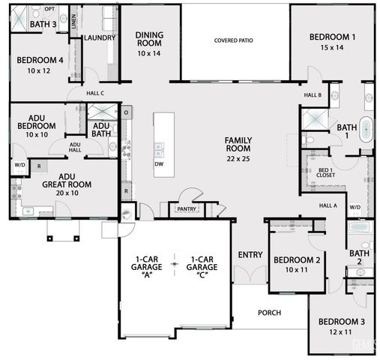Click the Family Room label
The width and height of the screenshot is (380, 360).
coord(238,148)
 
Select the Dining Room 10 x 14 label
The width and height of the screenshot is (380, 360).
coord(149,44)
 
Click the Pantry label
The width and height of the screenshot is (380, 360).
coord(186,209)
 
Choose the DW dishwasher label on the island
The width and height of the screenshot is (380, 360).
coord(159,163)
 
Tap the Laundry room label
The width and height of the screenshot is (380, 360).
coord(100,37)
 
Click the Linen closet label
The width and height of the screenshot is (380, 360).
coord(73,20)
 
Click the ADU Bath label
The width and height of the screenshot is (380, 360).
coord(101,130)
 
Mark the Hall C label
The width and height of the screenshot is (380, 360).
coord(94,93)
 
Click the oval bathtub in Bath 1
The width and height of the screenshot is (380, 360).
coord(367,129)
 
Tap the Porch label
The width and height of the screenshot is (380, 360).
coord(269,312)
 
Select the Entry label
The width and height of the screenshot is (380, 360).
coord(250,255)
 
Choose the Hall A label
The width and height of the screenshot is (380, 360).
coord(328,205)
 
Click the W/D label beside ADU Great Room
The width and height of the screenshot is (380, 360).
coord(19,163)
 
